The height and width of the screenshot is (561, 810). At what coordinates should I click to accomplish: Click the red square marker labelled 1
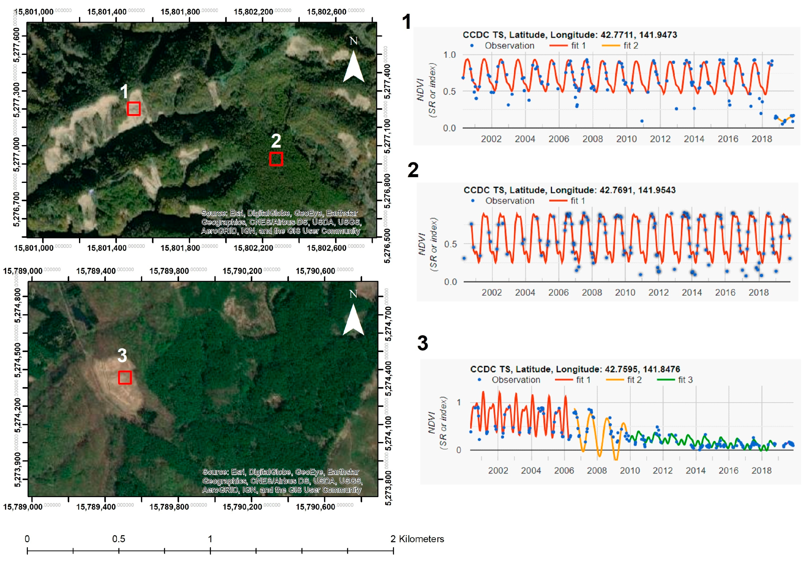134,109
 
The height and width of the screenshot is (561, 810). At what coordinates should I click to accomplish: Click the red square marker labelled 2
276,159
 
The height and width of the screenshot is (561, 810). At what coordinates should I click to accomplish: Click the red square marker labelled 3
125,377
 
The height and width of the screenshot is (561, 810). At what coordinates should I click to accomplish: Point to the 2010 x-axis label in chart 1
626,139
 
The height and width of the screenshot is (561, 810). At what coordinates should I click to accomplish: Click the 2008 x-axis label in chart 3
597,470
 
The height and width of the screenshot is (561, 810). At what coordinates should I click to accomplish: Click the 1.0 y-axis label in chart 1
449,55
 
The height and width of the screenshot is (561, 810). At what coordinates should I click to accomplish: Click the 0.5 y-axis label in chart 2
450,244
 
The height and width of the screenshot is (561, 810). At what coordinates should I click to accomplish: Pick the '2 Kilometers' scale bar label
417,539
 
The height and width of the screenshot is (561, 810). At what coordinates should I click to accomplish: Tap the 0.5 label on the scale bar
118,539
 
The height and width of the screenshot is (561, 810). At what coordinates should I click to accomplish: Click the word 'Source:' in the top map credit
214,213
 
